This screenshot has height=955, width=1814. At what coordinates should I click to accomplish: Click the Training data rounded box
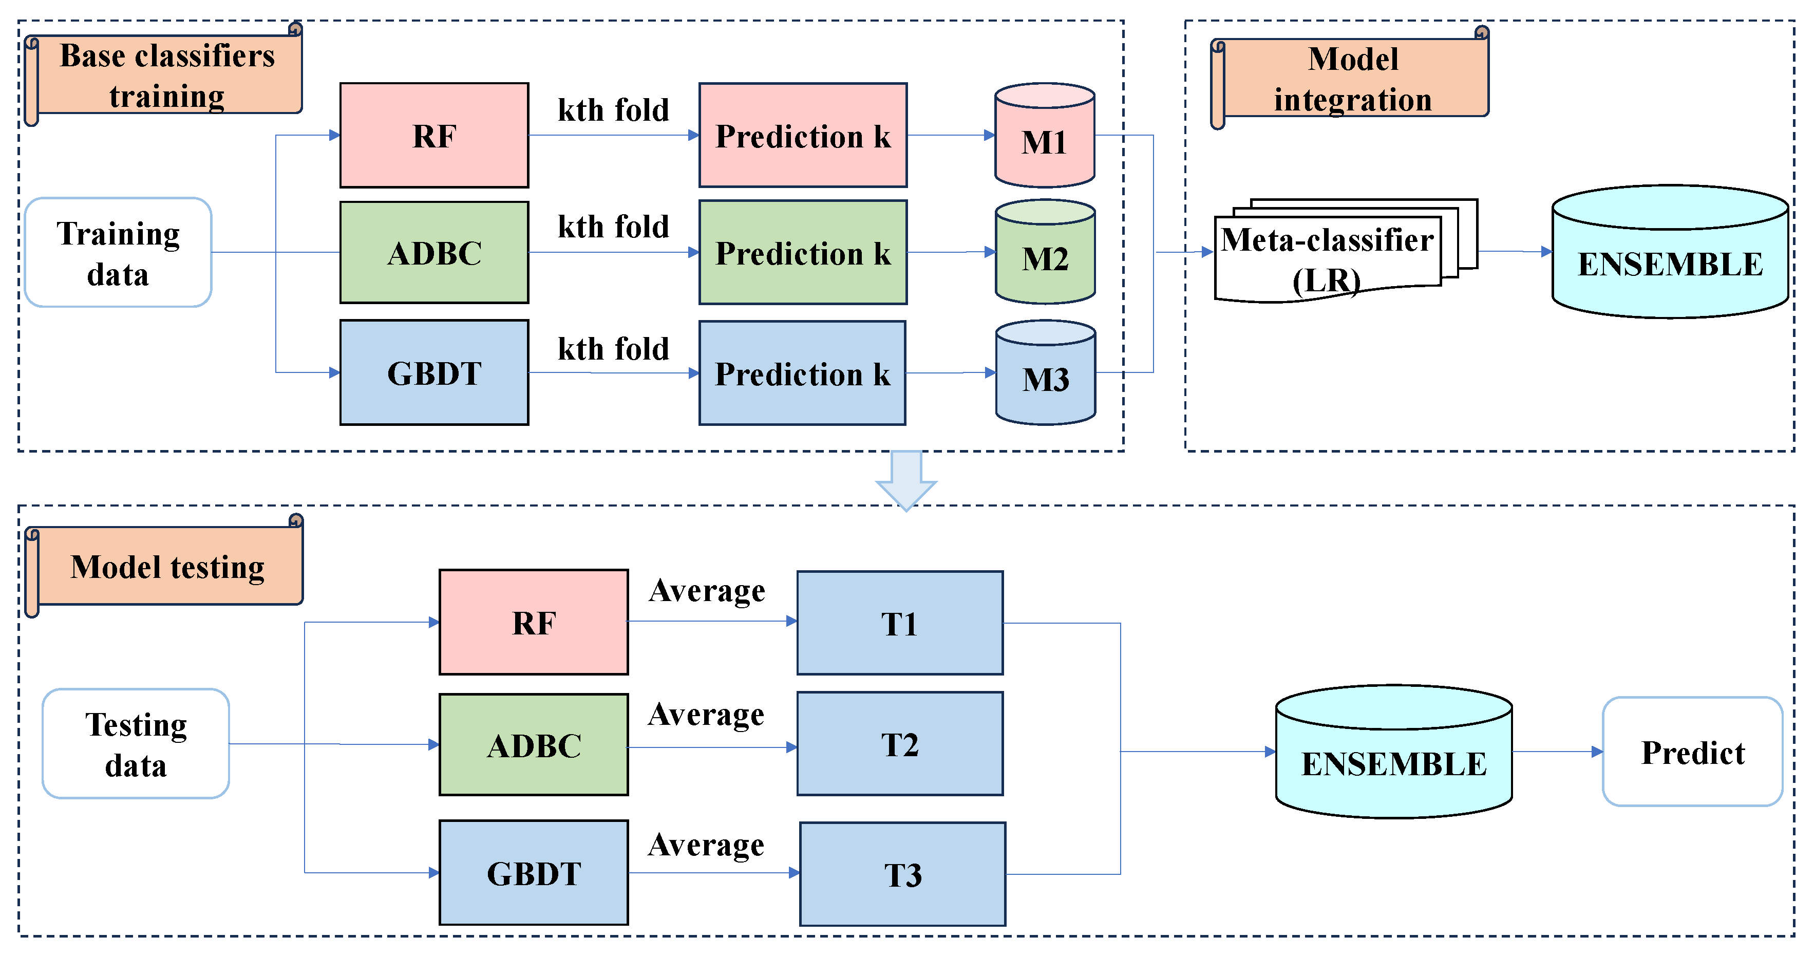[x=118, y=252]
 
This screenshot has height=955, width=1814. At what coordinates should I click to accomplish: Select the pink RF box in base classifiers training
[x=434, y=135]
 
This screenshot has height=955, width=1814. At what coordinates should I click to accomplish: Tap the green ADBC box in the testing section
[x=533, y=744]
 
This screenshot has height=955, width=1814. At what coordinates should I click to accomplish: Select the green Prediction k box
[x=803, y=252]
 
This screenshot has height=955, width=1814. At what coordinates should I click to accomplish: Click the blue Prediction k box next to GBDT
[x=802, y=373]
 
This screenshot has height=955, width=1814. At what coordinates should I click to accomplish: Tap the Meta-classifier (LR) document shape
[x=1328, y=257]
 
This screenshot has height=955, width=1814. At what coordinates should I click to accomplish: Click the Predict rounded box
[x=1692, y=752]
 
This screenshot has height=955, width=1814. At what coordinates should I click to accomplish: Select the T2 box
[x=899, y=744]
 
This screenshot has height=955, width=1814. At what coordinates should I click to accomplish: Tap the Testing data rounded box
[x=136, y=744]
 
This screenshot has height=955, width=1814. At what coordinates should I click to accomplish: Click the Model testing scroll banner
[x=167, y=567]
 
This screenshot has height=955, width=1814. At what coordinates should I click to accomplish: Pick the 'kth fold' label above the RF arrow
[x=613, y=110]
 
